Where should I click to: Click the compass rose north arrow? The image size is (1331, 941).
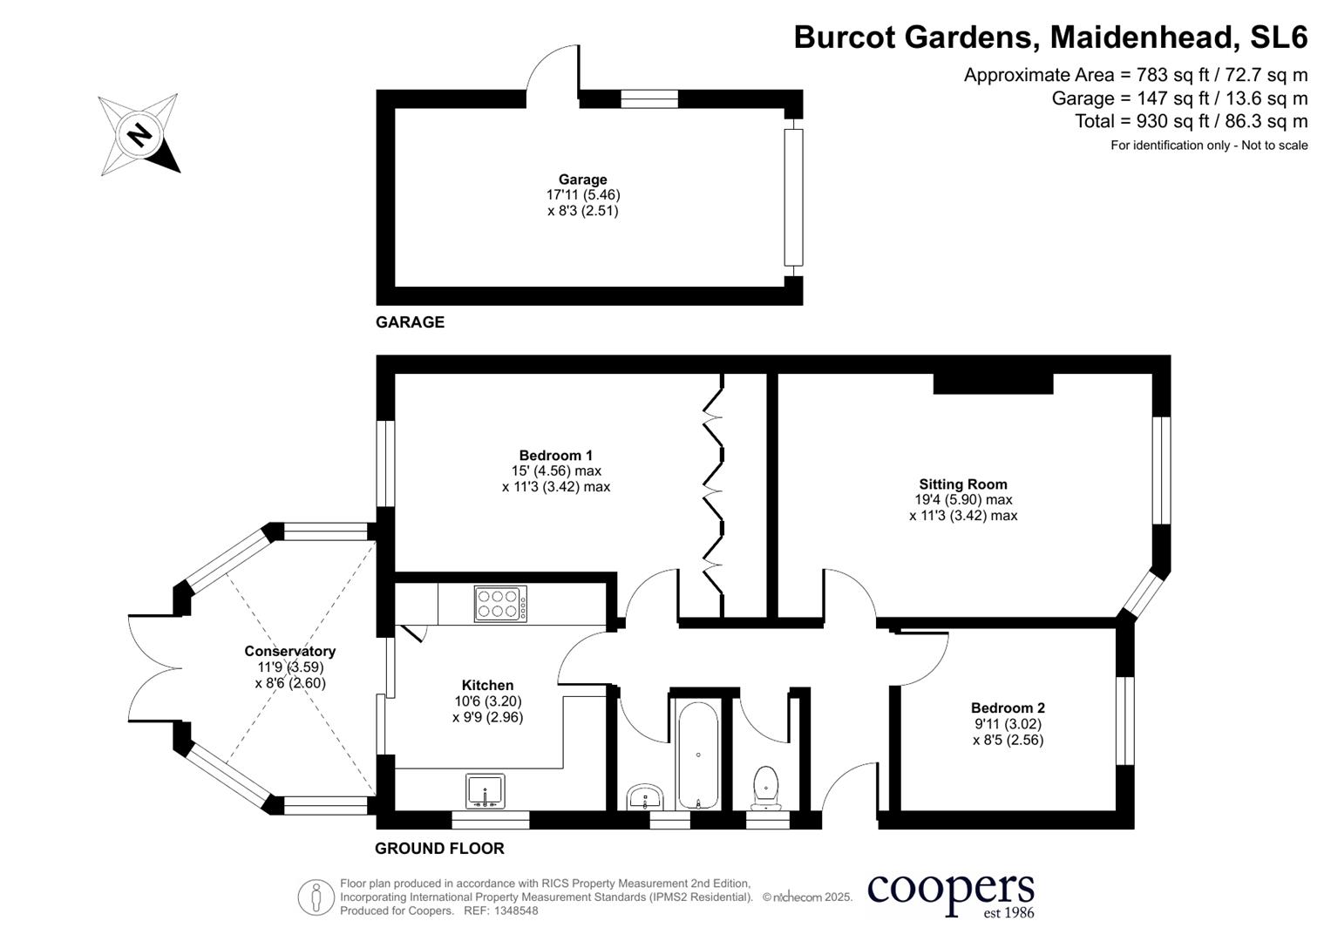(x=139, y=135)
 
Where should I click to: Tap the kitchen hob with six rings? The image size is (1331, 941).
(x=500, y=604)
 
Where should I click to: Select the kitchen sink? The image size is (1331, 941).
(x=486, y=791)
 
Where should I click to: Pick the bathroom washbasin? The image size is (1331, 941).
(x=646, y=796)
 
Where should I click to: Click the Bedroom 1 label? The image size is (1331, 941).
(x=555, y=455)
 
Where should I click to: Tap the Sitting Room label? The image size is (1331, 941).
(x=962, y=484)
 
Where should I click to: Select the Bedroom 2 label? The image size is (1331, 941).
(x=1008, y=708)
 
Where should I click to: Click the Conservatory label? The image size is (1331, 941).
(x=289, y=651)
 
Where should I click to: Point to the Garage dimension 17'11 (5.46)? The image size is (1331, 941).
(x=583, y=195)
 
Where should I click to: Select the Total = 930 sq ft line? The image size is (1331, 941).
(x=1191, y=121)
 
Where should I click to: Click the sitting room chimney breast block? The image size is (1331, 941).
(x=993, y=383)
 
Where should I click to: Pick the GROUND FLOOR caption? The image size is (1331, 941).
(x=439, y=848)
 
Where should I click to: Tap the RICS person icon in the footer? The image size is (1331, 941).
(x=316, y=897)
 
